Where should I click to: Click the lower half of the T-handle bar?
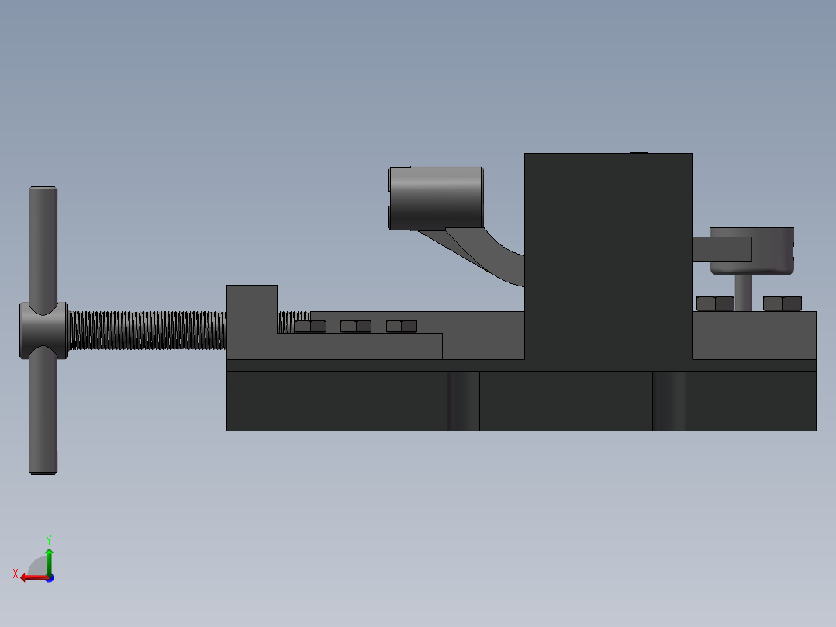tap(43, 419)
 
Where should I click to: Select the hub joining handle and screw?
tap(43, 331)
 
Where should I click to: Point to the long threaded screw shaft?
tap(147, 331)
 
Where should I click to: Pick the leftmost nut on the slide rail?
tap(310, 327)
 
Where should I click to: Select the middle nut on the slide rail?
tap(356, 327)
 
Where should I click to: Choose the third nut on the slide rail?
tap(402, 327)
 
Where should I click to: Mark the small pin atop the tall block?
tap(638, 153)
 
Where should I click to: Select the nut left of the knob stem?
tap(715, 303)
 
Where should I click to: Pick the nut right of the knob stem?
tap(782, 303)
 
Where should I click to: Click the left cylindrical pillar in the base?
tap(463, 400)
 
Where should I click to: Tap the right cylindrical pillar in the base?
tap(668, 400)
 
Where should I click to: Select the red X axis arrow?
tap(29, 577)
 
